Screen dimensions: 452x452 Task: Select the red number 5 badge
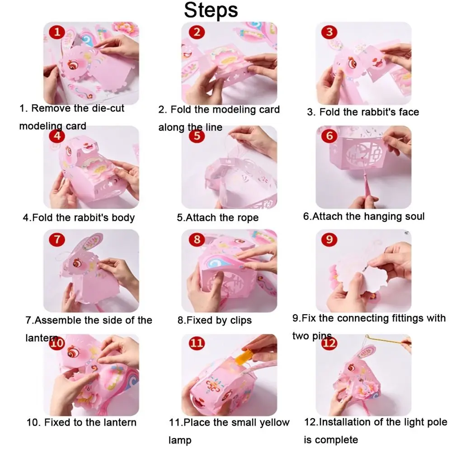[x=196, y=136]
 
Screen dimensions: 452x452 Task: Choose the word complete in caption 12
[x=337, y=439]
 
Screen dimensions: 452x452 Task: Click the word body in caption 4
[x=122, y=217]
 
